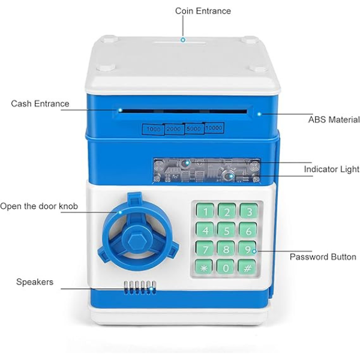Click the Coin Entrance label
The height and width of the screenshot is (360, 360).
coord(203,11)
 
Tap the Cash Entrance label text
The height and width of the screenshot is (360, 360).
coord(40,104)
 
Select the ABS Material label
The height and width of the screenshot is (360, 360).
coord(334,119)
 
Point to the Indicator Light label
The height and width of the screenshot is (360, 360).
coord(332,169)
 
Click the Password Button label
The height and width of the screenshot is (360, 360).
coord(323,257)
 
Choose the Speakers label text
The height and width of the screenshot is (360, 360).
coord(35,282)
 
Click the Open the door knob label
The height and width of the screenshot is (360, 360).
coord(39,206)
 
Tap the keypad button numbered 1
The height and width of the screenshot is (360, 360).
coord(205,211)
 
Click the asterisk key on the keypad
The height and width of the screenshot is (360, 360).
coord(203,268)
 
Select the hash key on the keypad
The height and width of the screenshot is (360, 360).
coord(247,268)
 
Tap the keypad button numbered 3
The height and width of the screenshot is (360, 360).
coord(249,211)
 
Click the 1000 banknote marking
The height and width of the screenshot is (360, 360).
coord(154,129)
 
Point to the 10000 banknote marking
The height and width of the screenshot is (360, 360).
coord(214,128)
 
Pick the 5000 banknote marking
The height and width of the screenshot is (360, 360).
coord(194,128)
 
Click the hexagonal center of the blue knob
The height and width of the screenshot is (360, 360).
coord(136,242)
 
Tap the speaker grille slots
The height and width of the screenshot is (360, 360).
coord(140,287)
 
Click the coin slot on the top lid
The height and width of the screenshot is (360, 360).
coord(180,43)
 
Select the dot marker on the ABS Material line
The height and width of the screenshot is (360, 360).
coord(259,114)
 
